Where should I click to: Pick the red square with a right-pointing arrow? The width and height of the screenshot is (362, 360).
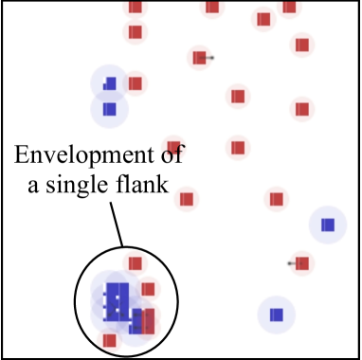[x=199, y=58]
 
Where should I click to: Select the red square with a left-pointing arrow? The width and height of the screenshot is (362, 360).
[x=301, y=262]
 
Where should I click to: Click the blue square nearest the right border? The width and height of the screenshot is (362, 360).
[x=327, y=225]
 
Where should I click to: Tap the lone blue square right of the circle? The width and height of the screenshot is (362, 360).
[x=276, y=314]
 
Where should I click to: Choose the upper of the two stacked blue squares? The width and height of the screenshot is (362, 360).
[x=110, y=83]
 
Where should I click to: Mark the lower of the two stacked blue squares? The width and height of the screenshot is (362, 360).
[x=109, y=109]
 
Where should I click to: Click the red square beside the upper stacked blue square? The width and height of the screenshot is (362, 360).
[x=135, y=83]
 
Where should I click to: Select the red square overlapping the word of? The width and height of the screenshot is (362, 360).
[x=172, y=145]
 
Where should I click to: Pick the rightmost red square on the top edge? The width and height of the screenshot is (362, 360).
[x=288, y=7]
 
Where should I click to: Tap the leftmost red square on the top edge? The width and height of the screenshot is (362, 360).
[x=135, y=7]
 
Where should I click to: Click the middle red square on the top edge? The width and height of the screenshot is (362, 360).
[x=211, y=7]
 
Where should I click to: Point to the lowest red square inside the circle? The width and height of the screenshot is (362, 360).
[x=110, y=339]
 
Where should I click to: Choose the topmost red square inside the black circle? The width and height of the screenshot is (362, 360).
[x=135, y=263]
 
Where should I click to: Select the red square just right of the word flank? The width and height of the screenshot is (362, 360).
[x=187, y=199]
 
